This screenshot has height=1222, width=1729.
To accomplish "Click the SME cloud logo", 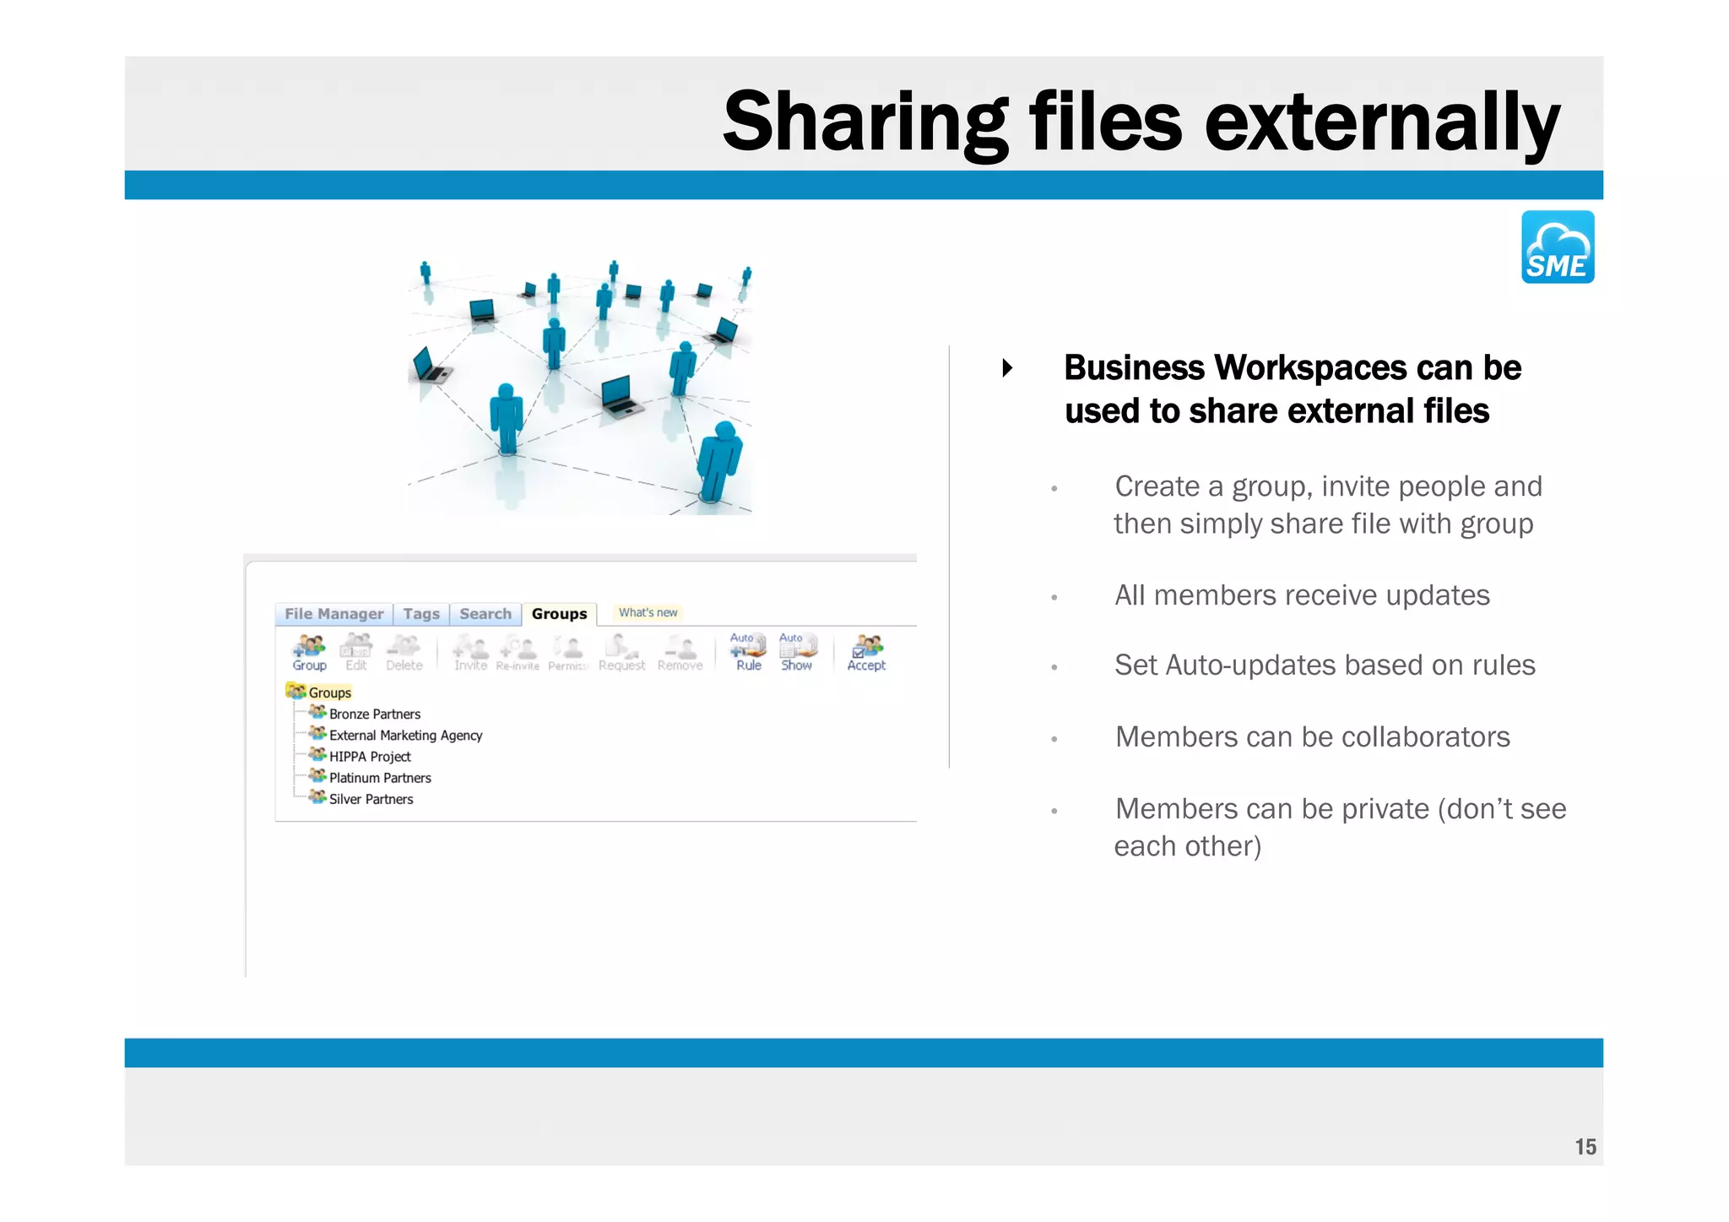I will (x=1557, y=247).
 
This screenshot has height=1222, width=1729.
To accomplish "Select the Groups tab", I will (x=559, y=614).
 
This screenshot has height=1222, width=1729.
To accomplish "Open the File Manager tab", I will (x=333, y=614).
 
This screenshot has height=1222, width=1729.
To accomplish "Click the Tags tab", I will (x=420, y=614).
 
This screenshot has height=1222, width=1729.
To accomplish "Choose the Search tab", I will (x=485, y=614).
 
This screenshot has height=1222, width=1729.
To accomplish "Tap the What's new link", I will (x=648, y=612).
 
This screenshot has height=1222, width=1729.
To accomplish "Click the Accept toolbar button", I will (x=866, y=653).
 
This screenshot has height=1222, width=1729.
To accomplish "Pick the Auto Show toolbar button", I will (x=796, y=653).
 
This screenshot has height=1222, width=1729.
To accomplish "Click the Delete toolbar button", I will (x=404, y=653).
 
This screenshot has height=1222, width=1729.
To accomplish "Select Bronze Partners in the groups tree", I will (x=374, y=714).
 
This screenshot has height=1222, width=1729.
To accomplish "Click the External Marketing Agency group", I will (x=405, y=736).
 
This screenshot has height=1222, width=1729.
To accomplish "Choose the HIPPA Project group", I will (x=370, y=757).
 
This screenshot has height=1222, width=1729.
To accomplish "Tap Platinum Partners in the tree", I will (x=380, y=778).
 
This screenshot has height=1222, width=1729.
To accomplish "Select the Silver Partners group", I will (x=371, y=799).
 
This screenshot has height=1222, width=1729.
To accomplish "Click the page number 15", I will (x=1585, y=1147).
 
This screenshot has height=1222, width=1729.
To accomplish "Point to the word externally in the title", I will (x=1381, y=122).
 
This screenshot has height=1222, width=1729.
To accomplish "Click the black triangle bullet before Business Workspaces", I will (x=1007, y=368).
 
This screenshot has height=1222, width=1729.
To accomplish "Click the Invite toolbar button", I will (x=470, y=653).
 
